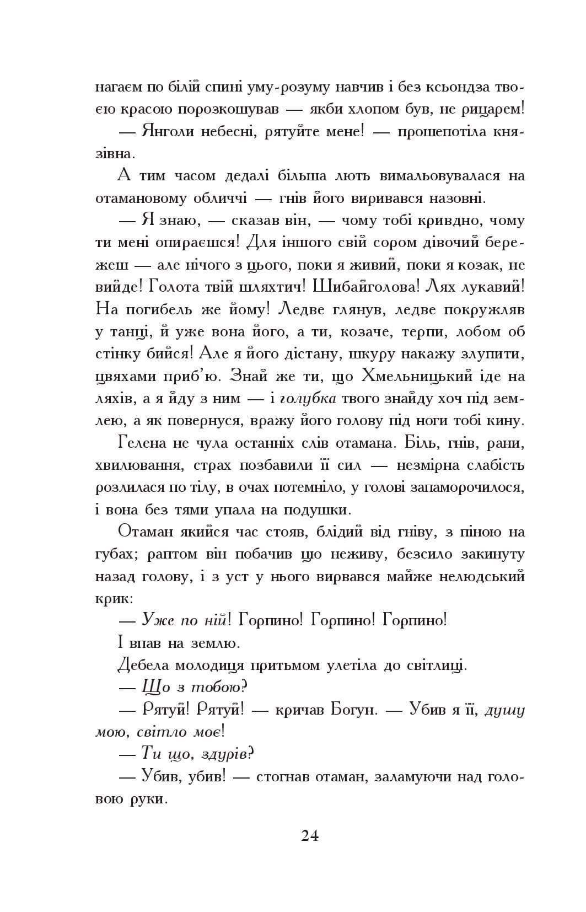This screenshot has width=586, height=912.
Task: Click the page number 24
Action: pyautogui.click(x=310, y=835)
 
